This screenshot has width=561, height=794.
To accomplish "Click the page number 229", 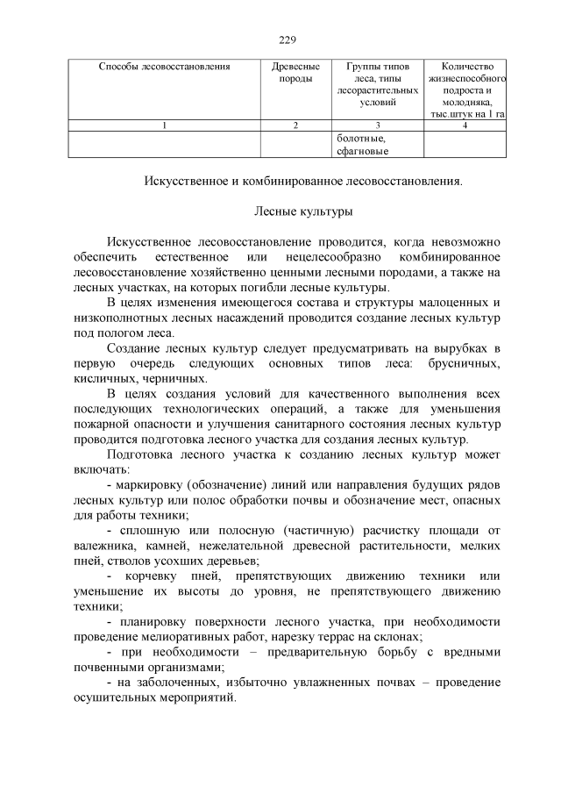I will (288, 39).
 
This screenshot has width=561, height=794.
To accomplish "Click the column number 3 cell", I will (377, 125).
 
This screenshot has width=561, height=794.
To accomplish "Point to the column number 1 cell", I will (165, 125).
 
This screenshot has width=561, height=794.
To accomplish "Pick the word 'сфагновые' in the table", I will (361, 150).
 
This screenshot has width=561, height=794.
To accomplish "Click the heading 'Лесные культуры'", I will (304, 211).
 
